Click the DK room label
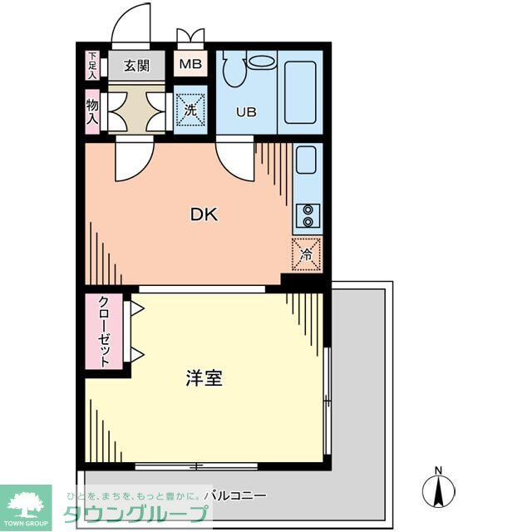point(204,214)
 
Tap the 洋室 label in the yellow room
point(204,378)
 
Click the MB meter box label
point(190,64)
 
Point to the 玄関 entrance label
point(137,65)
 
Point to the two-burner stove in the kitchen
point(308,215)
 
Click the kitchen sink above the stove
point(305,160)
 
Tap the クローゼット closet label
point(106,332)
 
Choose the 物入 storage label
point(92,111)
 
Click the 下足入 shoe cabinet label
point(92,65)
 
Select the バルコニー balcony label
point(239,495)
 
